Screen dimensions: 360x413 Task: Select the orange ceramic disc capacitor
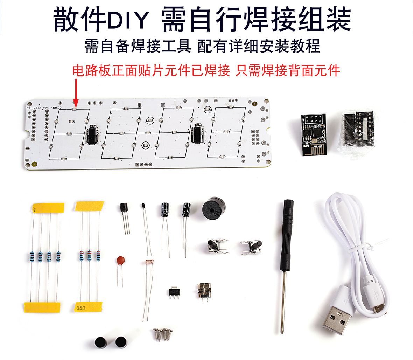121,261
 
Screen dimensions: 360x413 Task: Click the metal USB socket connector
203,290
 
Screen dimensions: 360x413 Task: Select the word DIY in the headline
128,20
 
